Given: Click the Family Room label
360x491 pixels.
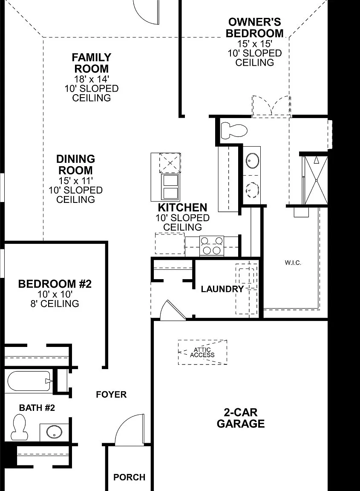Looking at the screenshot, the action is pyautogui.click(x=92, y=63).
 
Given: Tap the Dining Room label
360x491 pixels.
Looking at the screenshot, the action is pyautogui.click(x=75, y=165).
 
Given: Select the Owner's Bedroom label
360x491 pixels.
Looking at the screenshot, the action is pyautogui.click(x=254, y=28).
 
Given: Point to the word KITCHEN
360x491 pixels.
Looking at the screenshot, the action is pyautogui.click(x=182, y=208).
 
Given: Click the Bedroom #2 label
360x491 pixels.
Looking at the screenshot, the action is pyautogui.click(x=55, y=284).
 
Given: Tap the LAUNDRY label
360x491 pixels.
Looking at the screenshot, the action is pyautogui.click(x=222, y=289).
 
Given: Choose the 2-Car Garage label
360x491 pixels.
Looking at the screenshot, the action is pyautogui.click(x=241, y=418).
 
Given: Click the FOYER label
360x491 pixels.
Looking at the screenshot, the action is pyautogui.click(x=111, y=395).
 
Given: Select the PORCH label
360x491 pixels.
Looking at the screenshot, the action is pyautogui.click(x=129, y=477).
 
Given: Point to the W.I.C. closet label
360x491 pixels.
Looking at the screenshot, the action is pyautogui.click(x=293, y=263).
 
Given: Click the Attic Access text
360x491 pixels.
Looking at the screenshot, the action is pyautogui.click(x=202, y=352).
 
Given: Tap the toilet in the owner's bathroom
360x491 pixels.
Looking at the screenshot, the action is pyautogui.click(x=234, y=130).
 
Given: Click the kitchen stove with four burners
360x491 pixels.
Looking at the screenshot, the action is pyautogui.click(x=212, y=246).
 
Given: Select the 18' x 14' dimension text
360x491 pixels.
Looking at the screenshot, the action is pyautogui.click(x=92, y=79).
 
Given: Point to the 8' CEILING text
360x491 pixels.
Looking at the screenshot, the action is pyautogui.click(x=55, y=304).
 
